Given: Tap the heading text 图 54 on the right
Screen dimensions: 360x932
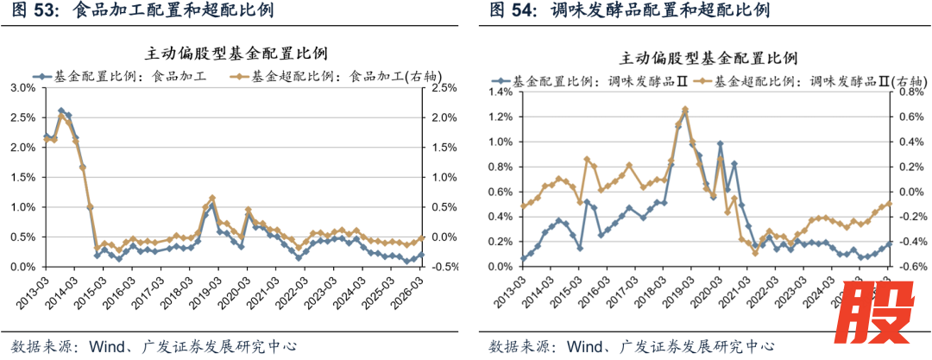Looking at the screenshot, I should (x=508, y=11).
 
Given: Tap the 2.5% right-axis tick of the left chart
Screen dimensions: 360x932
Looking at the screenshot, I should (x=444, y=88).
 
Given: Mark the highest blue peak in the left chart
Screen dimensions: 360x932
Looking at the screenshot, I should (x=61, y=111).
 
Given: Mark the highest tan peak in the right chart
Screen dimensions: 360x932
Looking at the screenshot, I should (x=685, y=110).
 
